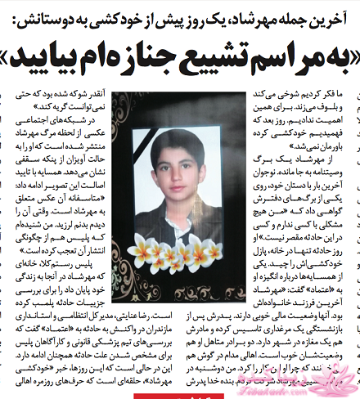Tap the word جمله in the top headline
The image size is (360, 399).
tap(291, 11)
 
